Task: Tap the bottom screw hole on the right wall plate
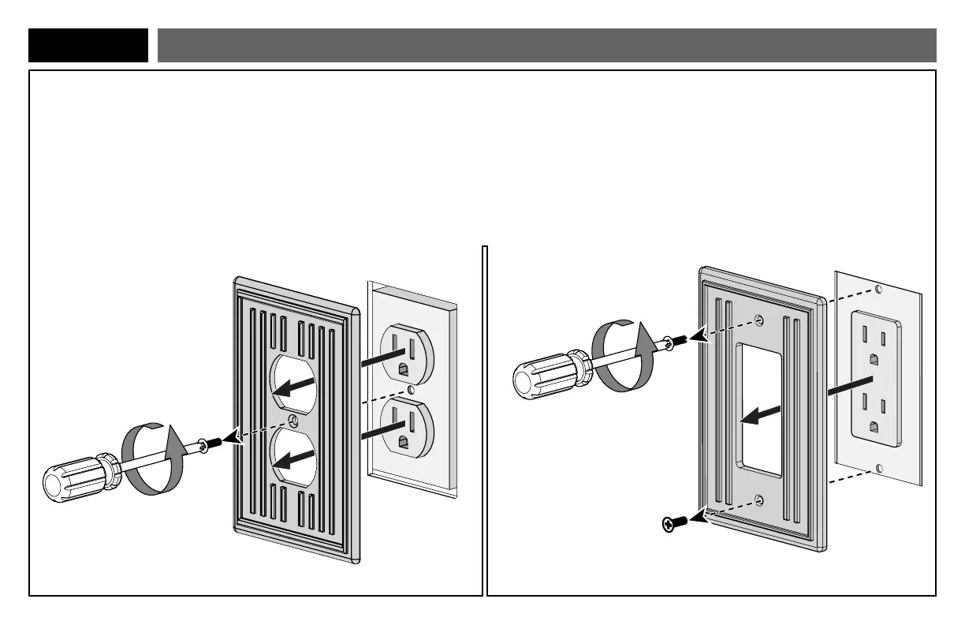(758, 499)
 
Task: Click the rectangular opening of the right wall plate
(759, 410)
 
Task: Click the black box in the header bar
(88, 45)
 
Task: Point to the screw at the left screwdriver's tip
(203, 447)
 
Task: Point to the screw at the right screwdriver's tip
(669, 342)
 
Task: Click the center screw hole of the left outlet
(411, 389)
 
